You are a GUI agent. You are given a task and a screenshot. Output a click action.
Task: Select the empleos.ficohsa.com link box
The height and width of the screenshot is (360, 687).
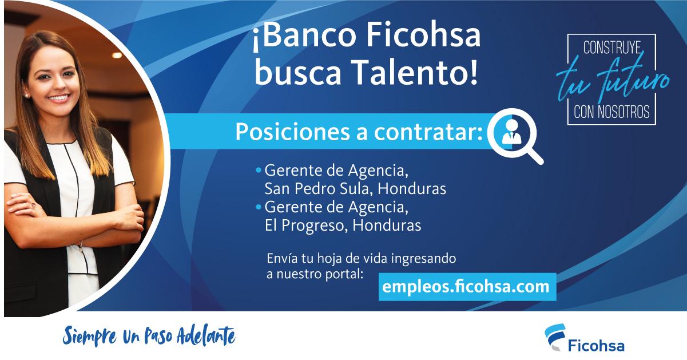(467, 286)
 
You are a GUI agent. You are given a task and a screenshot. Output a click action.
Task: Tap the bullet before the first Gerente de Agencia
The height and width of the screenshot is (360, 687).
(259, 171)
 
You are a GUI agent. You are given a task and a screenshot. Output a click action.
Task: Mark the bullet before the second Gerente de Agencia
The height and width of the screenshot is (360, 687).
(259, 206)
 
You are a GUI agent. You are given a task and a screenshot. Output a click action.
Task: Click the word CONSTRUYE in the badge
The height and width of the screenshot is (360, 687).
(611, 49)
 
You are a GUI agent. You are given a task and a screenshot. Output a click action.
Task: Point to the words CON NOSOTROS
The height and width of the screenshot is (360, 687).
(611, 112)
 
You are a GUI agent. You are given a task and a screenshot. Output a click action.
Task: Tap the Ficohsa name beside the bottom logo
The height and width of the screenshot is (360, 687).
(596, 346)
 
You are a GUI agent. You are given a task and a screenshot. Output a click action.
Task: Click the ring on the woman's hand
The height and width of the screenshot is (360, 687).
(33, 204)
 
